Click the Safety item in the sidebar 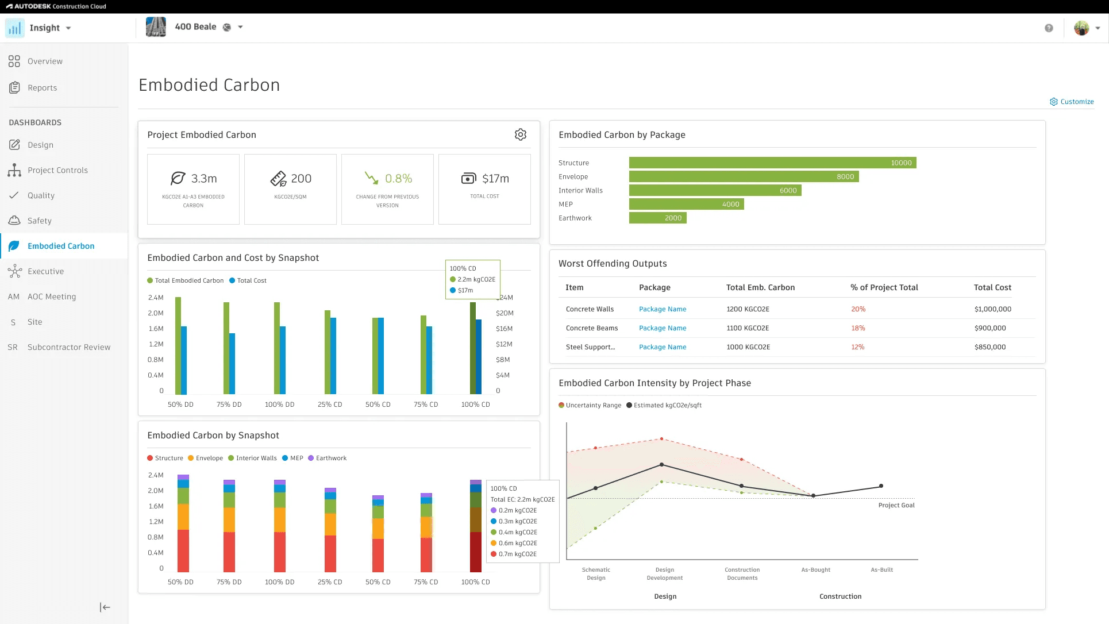(x=39, y=221)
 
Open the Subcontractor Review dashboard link (x=69, y=347)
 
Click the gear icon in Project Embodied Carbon (x=521, y=134)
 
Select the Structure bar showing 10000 (x=772, y=163)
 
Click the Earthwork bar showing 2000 (x=657, y=218)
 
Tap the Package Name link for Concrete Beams (x=663, y=328)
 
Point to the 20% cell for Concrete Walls (x=858, y=309)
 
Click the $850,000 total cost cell (x=990, y=347)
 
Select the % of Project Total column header (x=884, y=287)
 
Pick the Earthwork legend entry (x=328, y=458)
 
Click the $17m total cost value (x=495, y=179)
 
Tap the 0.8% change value (x=399, y=179)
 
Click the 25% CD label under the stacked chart (x=330, y=582)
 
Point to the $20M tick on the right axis (x=505, y=313)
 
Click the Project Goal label (x=896, y=506)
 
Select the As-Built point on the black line (x=881, y=486)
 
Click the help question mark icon (x=1049, y=28)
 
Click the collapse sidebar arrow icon (x=105, y=607)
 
